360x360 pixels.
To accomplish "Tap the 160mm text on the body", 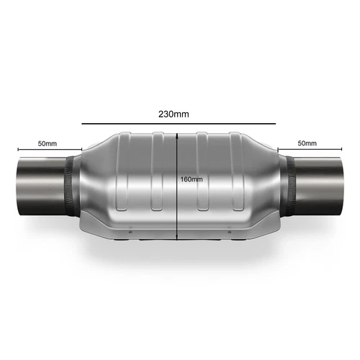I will coord(191,179).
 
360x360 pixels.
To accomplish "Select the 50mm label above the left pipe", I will coord(48,143).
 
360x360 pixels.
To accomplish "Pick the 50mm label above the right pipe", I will coord(306,143).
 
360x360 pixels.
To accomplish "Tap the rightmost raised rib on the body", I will coord(239,173).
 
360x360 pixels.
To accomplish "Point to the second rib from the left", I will coord(155,173).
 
